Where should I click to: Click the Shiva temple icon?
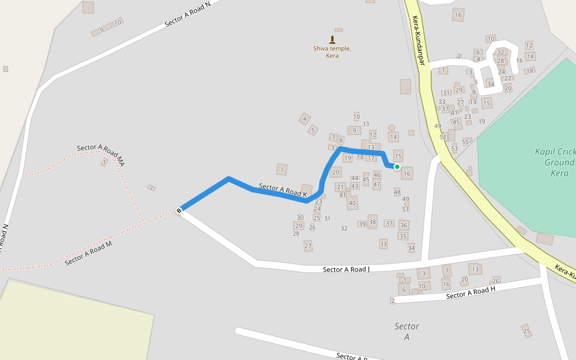click(x=332, y=40)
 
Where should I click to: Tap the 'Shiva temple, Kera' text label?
click(x=332, y=52)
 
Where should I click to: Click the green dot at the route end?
click(x=397, y=167)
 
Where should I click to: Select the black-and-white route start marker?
click(x=179, y=210)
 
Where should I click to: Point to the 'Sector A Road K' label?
click(x=283, y=190)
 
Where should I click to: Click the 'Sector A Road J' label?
click(x=346, y=269)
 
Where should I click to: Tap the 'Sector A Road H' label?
click(x=471, y=292)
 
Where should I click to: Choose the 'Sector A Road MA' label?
click(x=100, y=155)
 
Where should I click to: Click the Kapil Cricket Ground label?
click(x=556, y=162)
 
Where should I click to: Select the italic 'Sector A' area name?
click(x=407, y=331)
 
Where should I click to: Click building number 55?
click(x=466, y=142)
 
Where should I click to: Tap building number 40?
click(x=352, y=203)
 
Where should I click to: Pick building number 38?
click(x=373, y=222)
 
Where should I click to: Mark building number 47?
click(x=377, y=185)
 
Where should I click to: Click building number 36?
click(x=404, y=226)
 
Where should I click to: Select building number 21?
click(x=340, y=187)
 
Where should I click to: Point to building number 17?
click(x=371, y=158)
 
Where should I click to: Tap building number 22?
click(x=508, y=78)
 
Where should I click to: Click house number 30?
click(x=300, y=217)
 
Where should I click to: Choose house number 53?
click(x=454, y=148)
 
